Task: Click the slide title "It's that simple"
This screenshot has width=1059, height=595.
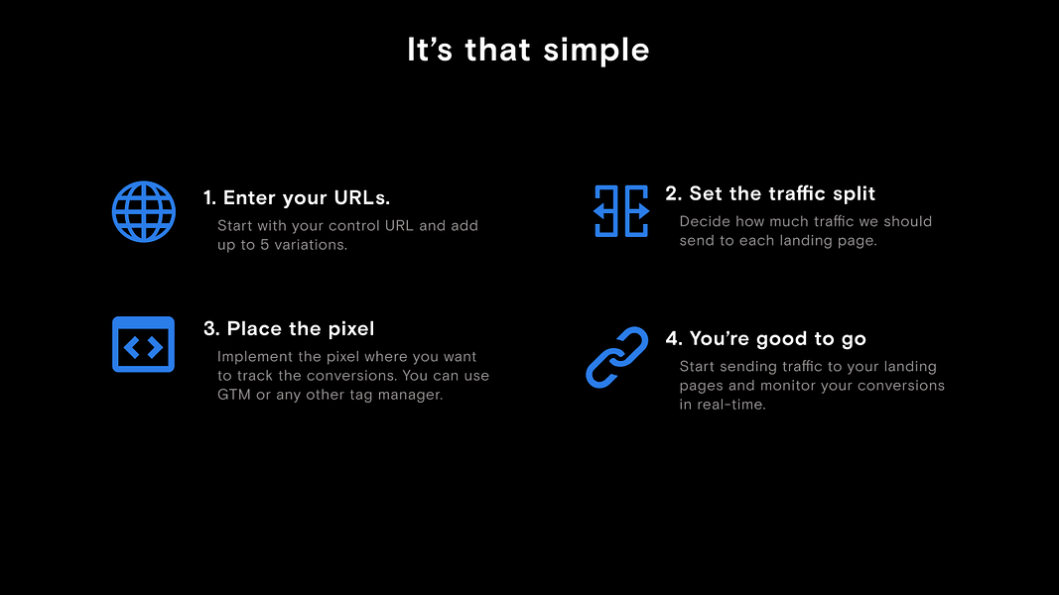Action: pos(528,50)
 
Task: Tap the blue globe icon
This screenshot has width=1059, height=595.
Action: pos(144,211)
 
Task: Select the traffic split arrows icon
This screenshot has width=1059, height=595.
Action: pos(621,211)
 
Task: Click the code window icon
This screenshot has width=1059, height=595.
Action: pos(143,344)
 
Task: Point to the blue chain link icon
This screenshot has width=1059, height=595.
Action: pos(616,358)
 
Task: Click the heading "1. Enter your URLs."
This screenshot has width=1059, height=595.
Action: pos(297,197)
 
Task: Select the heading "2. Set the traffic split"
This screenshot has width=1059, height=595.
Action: pos(770,193)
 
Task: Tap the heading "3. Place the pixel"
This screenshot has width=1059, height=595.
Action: pos(289,328)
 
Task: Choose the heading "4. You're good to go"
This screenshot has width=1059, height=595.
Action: pos(765,338)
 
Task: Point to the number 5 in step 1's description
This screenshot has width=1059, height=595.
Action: pos(265,245)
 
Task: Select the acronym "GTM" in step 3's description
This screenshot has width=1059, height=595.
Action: pos(233,395)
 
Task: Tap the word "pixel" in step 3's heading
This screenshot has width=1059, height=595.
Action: pos(350,328)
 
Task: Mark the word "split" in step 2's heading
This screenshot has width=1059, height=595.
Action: pos(854,194)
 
